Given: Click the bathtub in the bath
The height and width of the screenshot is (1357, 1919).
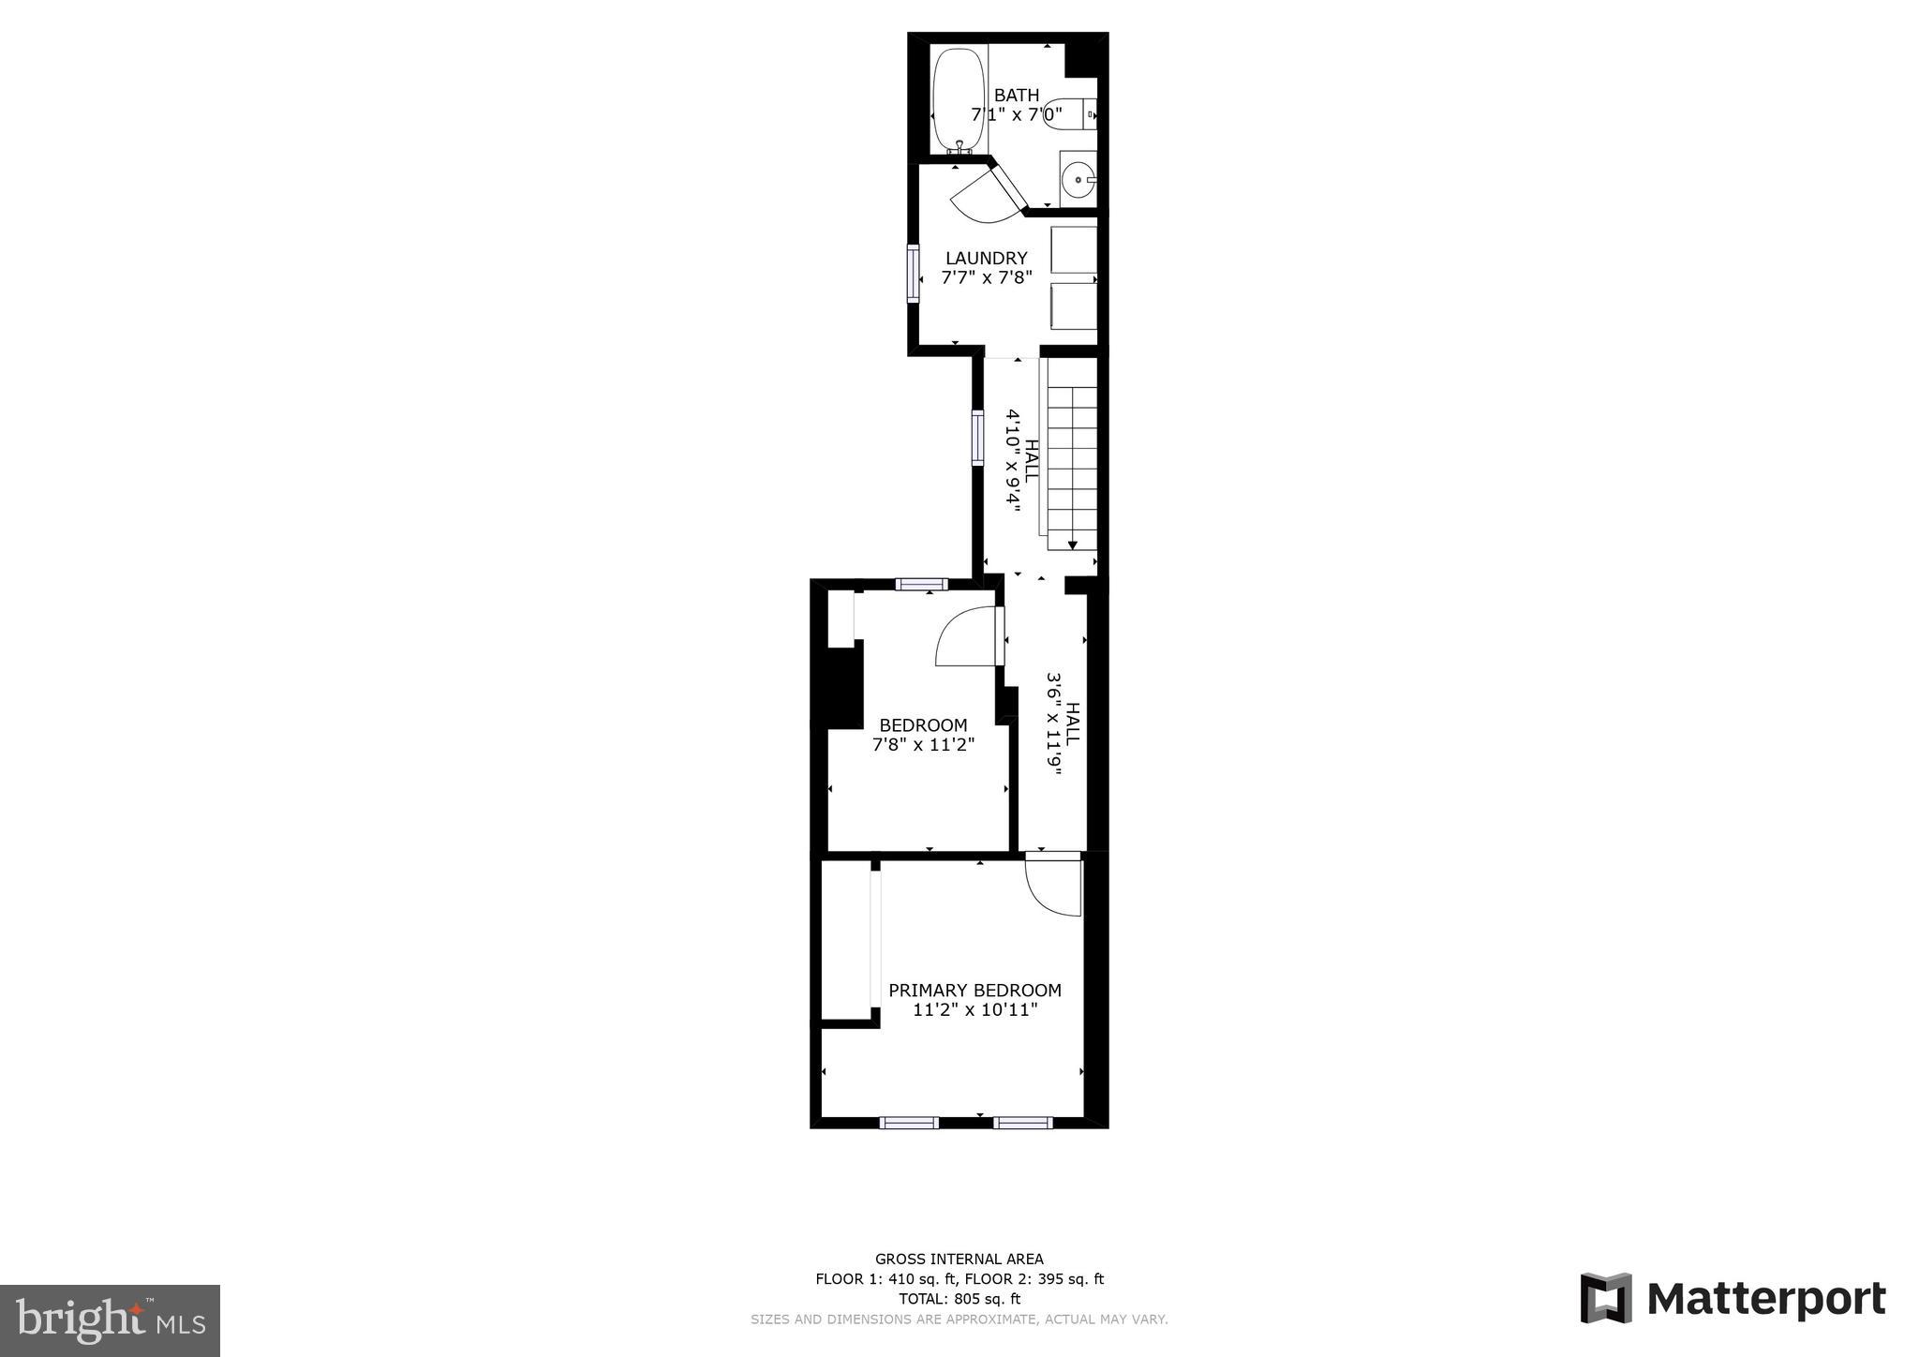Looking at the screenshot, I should [x=958, y=100].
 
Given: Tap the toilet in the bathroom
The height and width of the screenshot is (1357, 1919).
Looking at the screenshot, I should [x=1068, y=114].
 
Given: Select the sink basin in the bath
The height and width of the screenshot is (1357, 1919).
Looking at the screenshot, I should [x=1079, y=179].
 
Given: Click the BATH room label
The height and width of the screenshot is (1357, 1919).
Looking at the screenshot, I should [x=1017, y=96].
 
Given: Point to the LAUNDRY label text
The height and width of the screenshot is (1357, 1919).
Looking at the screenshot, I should [x=986, y=258].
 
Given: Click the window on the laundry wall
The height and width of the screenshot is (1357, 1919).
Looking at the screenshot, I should [x=913, y=273].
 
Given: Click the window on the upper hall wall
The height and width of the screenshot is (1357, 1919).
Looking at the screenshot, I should [x=977, y=437].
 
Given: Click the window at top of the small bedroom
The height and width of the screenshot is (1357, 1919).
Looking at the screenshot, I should [x=921, y=585].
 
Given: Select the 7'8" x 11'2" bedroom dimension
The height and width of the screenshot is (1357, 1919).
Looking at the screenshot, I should [x=923, y=745].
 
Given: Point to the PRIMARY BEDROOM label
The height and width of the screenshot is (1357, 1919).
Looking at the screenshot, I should [x=974, y=991].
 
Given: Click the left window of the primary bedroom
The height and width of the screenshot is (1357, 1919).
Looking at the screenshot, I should [x=909, y=1122].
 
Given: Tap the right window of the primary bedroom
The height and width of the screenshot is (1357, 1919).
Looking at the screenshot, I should [x=1022, y=1122].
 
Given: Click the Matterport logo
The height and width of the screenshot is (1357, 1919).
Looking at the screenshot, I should [x=1733, y=1299].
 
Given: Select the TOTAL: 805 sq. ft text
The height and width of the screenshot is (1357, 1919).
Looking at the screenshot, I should [x=959, y=1299].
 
